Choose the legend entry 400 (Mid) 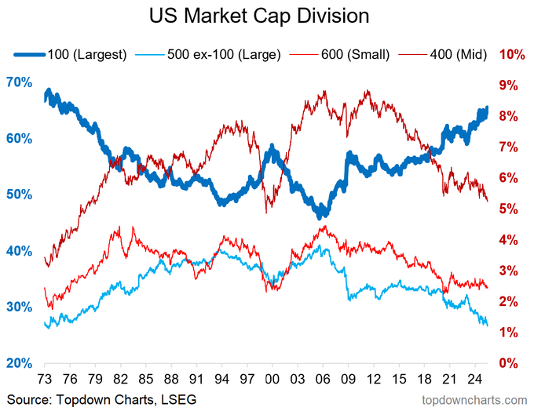[457, 55]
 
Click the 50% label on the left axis [20, 195]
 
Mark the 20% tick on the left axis [20, 363]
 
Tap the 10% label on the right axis [511, 55]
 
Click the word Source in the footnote [25, 400]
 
